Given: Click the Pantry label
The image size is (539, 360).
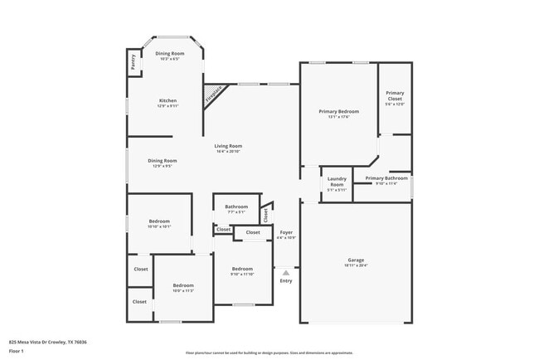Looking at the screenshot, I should (x=133, y=62).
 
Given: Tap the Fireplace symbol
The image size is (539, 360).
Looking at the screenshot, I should (x=215, y=95).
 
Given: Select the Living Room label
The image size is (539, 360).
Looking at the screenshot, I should (x=228, y=148).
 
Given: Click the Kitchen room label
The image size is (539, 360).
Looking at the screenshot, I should (x=168, y=103).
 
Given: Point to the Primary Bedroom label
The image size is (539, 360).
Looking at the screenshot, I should (x=339, y=114).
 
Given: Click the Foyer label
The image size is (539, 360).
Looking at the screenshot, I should (x=286, y=234).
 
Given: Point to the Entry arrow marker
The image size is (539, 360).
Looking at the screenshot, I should (x=286, y=270).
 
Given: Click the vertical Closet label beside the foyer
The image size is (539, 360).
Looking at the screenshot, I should (x=265, y=214).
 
